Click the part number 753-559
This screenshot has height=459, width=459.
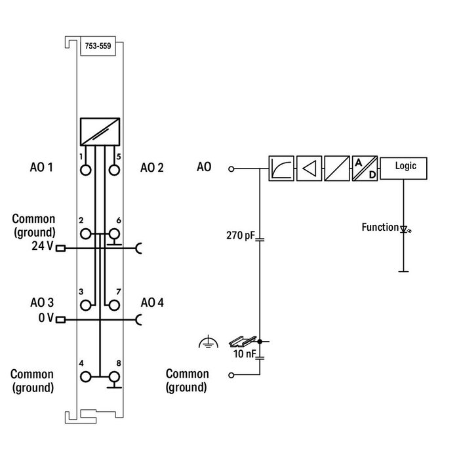tap(98, 46)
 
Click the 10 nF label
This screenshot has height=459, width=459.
tap(244, 354)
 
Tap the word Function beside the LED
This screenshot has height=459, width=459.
tap(380, 228)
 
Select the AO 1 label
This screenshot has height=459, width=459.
tap(41, 167)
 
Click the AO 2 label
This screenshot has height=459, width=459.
tap(152, 167)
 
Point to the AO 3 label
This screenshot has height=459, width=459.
tap(41, 303)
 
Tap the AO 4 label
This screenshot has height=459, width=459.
tap(152, 303)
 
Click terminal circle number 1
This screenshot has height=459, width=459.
tap(85, 170)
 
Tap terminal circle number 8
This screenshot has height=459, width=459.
tap(115, 376)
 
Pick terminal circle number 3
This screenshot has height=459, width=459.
tap(85, 305)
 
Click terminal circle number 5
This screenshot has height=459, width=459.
tap(115, 170)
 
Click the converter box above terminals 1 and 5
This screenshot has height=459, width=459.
tap(100, 132)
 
